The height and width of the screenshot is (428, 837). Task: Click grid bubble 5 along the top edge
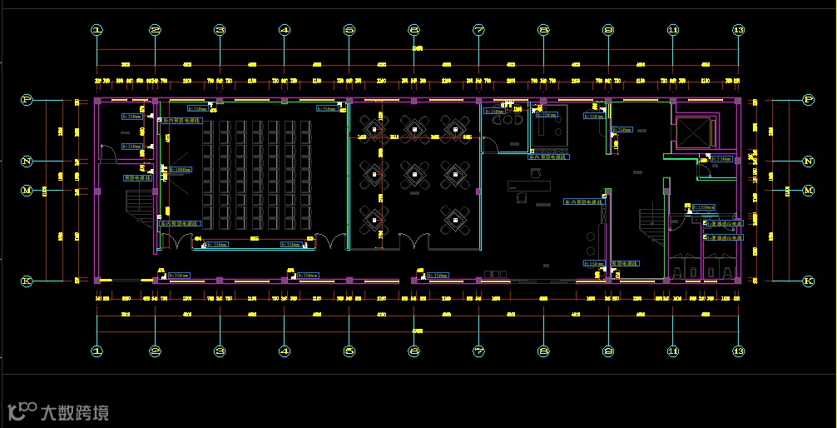click(349, 30)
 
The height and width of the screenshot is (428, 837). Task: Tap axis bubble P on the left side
click(27, 100)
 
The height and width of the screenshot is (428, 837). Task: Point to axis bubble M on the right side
click(808, 191)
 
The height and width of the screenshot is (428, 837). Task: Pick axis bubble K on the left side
click(27, 281)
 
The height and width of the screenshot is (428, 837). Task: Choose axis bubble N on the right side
click(808, 161)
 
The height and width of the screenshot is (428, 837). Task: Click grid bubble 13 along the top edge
click(738, 30)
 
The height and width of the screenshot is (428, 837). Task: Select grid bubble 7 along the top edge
click(478, 30)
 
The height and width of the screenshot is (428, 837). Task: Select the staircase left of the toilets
click(650, 220)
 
